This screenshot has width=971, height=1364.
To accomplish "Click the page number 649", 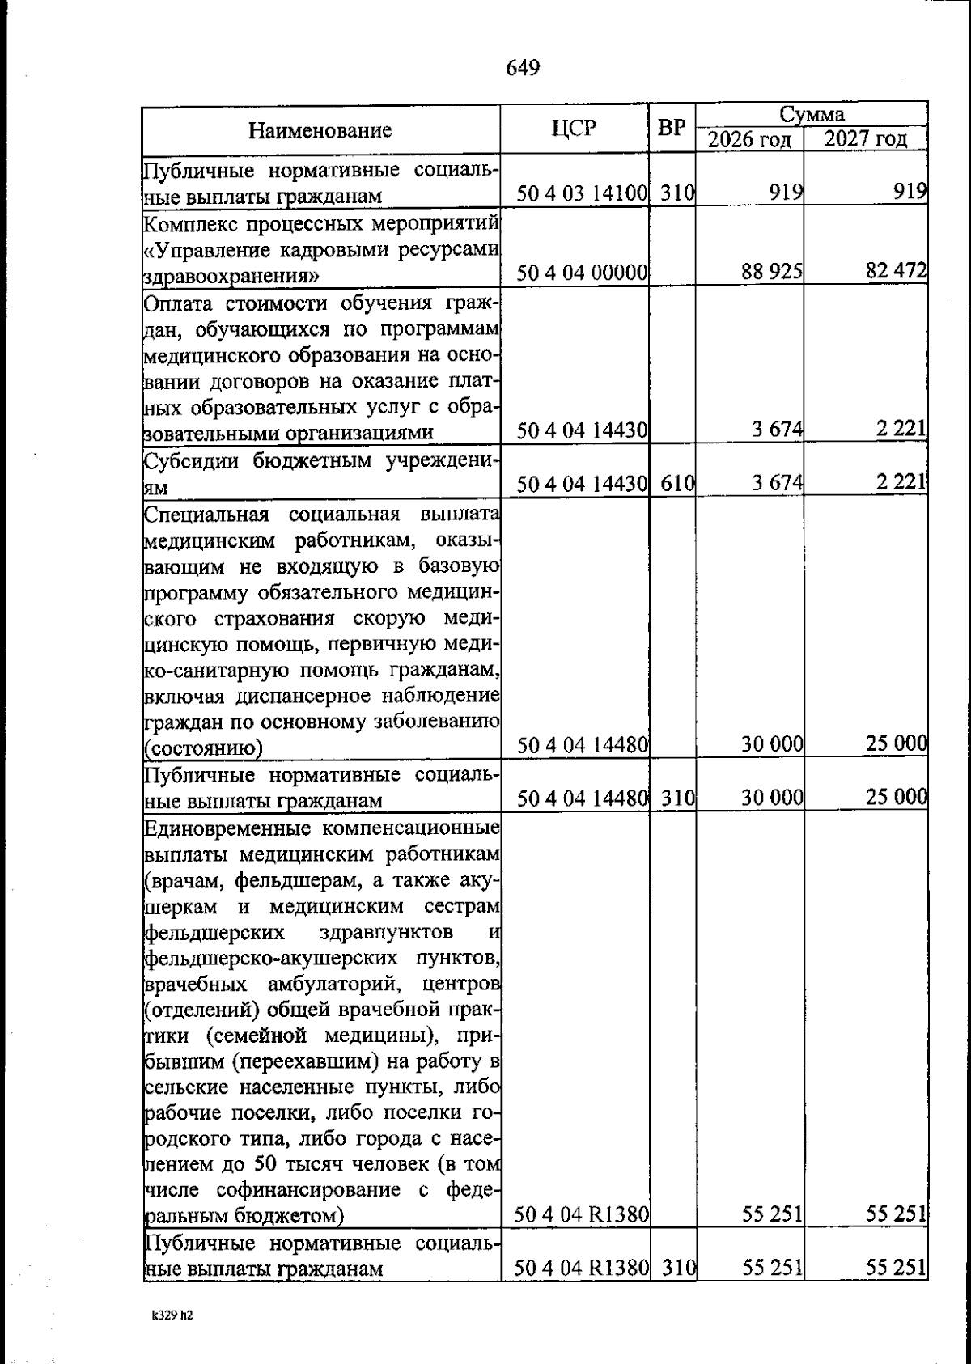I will [x=523, y=67].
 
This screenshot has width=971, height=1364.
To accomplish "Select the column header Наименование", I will [x=320, y=130].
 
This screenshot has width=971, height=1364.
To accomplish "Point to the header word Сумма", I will [x=812, y=114].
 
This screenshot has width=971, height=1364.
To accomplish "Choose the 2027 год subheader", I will [x=865, y=140].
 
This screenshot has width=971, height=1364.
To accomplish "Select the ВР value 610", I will [x=678, y=485].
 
